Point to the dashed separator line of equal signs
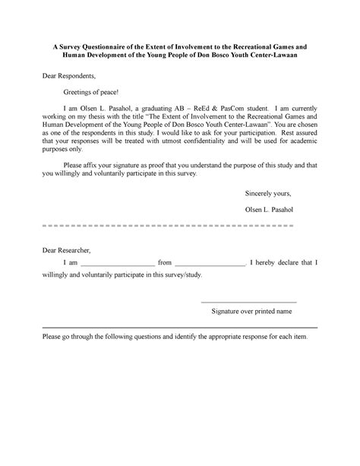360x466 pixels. (163, 226)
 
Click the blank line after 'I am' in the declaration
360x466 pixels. (118, 263)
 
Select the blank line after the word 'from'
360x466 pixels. (212, 263)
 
